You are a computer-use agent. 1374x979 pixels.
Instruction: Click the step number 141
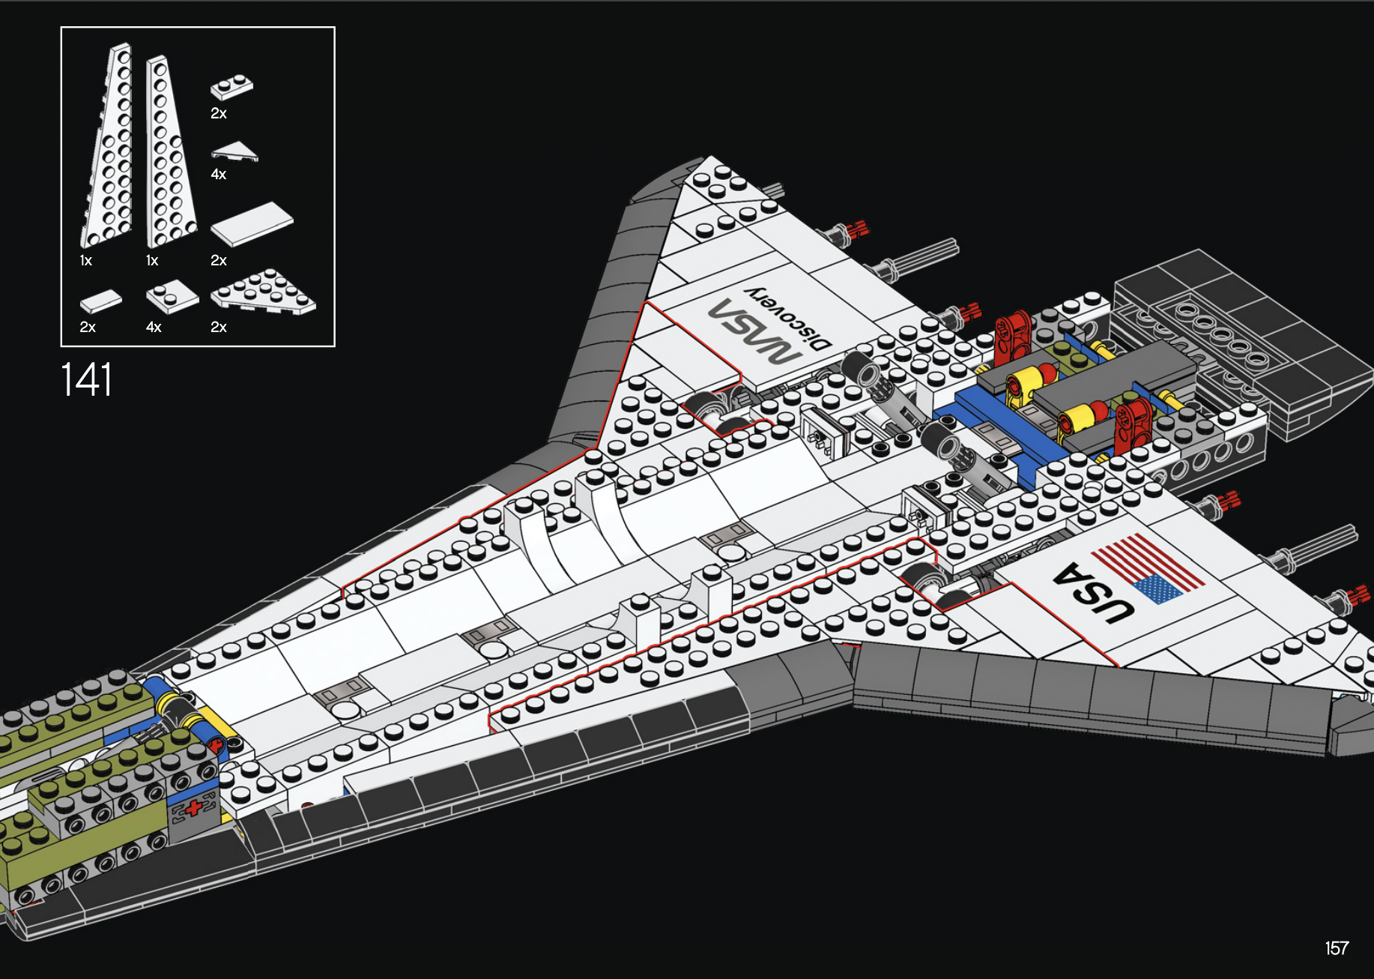[x=86, y=379]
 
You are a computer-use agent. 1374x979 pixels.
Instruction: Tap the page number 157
[x=1337, y=948]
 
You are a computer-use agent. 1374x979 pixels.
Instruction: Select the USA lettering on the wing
[x=1092, y=593]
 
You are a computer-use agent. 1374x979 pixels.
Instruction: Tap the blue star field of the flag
[x=1157, y=588]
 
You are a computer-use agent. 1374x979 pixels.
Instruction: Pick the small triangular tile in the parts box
[x=234, y=151]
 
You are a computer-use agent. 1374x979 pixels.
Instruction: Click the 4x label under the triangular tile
[x=218, y=175]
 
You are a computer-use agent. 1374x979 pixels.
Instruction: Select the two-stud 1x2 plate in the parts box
[x=231, y=87]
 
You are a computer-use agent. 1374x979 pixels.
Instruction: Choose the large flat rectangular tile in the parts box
[x=252, y=223]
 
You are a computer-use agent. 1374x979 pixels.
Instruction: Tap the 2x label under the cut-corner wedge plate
[x=218, y=328]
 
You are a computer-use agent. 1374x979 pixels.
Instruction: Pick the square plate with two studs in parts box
[x=172, y=297]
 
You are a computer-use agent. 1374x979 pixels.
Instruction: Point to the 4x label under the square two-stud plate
[x=154, y=328]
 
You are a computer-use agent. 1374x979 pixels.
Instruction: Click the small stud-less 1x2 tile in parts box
[x=100, y=301]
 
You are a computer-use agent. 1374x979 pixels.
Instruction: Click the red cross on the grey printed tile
[x=194, y=807]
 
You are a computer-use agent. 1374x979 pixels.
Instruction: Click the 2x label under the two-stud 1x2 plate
[x=218, y=114]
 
